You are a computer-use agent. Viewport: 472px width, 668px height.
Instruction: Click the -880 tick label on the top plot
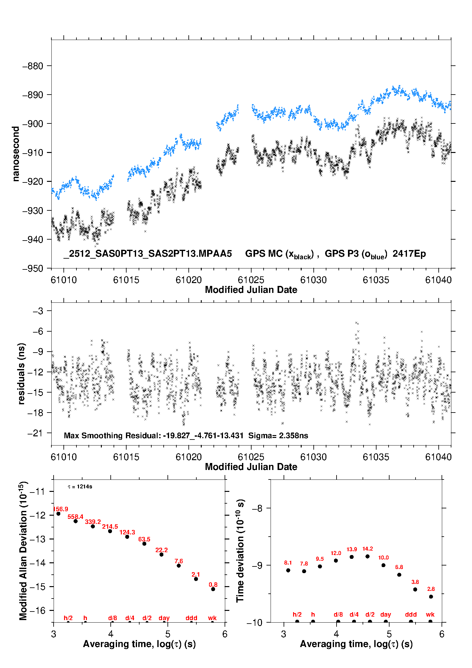point(33,66)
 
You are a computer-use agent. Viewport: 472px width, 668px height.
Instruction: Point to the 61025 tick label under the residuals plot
point(251,457)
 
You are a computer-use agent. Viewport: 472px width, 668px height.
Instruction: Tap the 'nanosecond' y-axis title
point(16,154)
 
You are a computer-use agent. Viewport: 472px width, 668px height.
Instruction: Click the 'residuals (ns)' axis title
point(21,374)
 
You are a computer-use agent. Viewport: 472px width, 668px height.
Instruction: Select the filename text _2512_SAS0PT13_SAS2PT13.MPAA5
point(148,254)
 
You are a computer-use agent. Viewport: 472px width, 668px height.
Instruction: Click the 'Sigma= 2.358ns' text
point(278,435)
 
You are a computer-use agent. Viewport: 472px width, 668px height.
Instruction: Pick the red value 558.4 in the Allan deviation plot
point(75,517)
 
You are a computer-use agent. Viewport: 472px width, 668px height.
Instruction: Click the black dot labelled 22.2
point(161,554)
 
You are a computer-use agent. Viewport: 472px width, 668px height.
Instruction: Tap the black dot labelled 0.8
point(213,589)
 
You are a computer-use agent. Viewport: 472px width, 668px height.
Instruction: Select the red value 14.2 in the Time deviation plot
point(368,549)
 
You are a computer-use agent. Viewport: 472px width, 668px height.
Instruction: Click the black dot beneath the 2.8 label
point(431,597)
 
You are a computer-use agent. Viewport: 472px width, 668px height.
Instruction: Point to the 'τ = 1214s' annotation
point(80,486)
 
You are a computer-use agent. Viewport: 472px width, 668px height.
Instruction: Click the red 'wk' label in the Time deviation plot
point(430,614)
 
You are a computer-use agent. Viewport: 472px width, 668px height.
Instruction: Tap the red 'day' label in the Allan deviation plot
point(164,618)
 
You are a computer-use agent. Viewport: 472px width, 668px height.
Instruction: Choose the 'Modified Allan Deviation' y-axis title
point(23,551)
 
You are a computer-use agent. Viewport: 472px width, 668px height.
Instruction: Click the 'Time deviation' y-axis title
point(240,551)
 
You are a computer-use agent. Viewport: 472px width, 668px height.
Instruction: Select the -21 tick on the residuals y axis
point(35,433)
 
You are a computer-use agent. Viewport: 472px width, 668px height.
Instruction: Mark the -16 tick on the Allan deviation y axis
point(37,610)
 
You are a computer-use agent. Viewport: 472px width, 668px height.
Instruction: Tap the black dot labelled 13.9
point(352,557)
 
